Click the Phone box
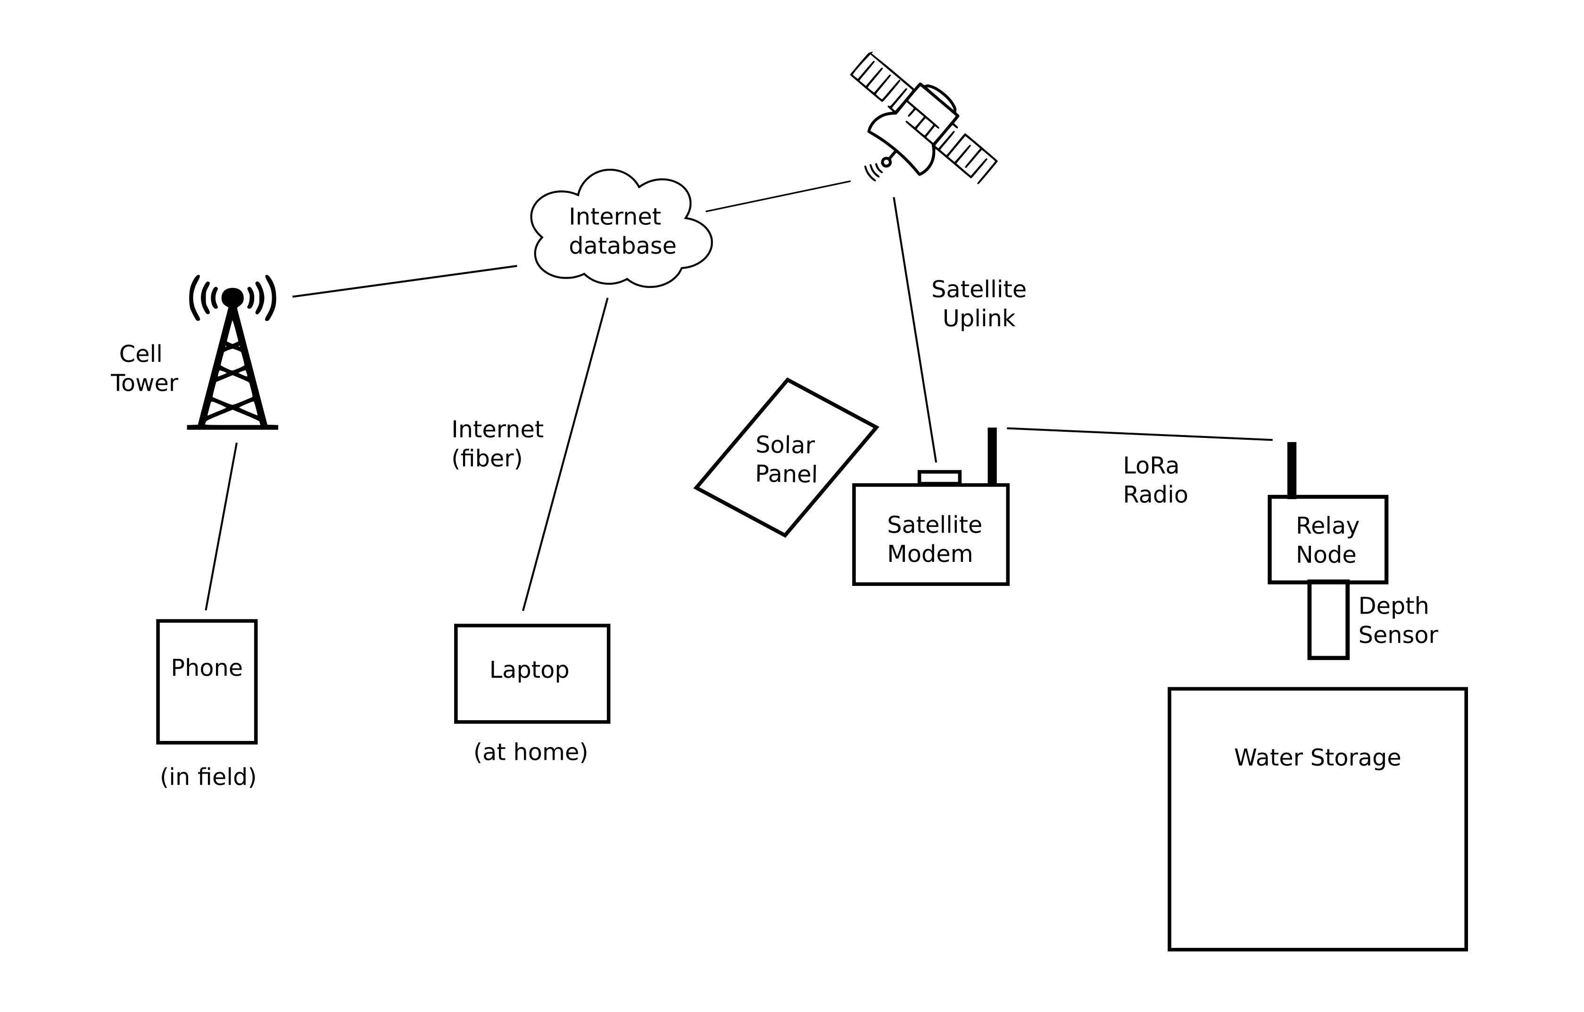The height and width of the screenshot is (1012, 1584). pos(207,682)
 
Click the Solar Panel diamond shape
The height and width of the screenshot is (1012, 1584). pos(786,458)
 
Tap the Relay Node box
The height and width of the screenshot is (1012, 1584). pos(1327,540)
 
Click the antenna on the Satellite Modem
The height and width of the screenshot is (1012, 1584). pos(992,456)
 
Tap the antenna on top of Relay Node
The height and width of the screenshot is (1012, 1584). pos(1292,470)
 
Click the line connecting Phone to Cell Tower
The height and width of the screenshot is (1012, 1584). pos(221,527)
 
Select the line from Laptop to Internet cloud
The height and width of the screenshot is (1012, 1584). pos(565,454)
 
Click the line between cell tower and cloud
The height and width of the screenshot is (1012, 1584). pos(405,281)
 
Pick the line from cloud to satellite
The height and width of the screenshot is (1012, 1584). pos(778,196)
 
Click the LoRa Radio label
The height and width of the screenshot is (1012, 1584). pos(1155,480)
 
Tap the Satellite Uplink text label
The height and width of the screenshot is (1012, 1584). pos(979,304)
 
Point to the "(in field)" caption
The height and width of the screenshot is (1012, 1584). pos(208,777)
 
